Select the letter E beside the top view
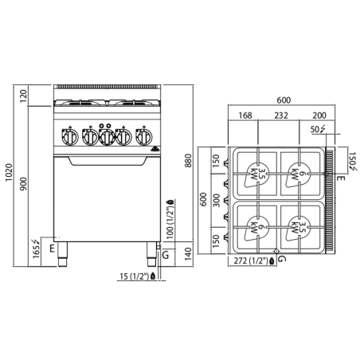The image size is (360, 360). [x=341, y=179]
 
